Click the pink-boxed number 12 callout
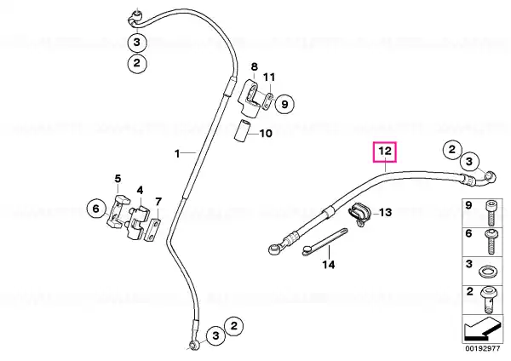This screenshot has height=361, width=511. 385,152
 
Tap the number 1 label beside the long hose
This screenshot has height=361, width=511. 177,153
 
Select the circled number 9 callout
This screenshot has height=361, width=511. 284,104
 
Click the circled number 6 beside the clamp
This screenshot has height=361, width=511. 95,209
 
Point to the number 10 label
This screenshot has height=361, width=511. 266,134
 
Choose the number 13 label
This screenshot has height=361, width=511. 385,213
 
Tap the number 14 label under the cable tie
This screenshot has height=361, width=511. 329,265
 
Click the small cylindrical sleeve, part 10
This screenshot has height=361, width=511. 243,130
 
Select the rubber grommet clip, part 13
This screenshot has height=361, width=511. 359,214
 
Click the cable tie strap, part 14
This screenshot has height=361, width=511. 325,242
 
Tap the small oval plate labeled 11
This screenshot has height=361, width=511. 268,101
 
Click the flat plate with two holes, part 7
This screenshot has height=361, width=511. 152,231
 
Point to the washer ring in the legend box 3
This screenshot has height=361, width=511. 486,271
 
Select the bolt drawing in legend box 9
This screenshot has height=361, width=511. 490,214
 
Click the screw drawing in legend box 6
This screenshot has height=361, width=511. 491,242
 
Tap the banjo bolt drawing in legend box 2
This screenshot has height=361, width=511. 488,299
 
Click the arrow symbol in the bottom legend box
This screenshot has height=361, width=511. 482,329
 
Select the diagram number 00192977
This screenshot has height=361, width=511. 482,348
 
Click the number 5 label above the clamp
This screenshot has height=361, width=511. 118,179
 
